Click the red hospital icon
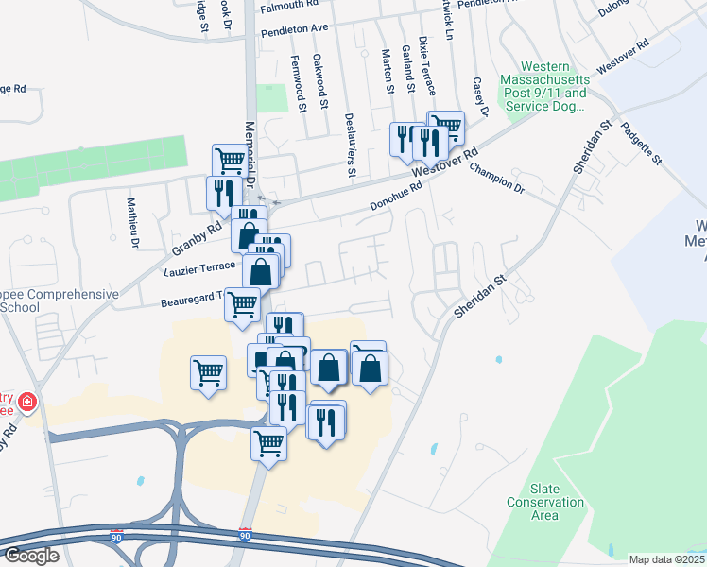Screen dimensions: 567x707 point(26,402)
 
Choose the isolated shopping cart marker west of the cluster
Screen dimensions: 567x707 point(208,370)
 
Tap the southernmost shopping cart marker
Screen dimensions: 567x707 point(269,440)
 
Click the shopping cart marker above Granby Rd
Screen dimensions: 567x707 point(230,161)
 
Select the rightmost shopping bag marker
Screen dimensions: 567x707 point(370,367)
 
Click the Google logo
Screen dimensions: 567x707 point(31,556)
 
